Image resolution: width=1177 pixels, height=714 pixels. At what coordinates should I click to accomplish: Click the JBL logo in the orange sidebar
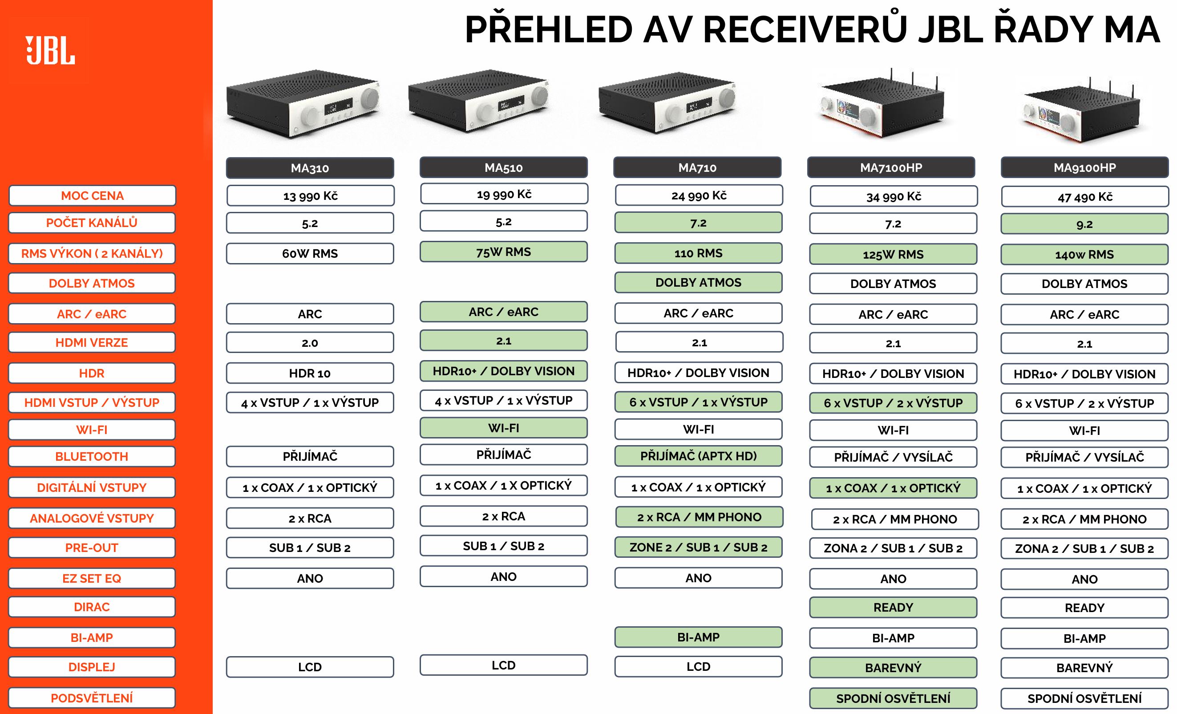(50, 50)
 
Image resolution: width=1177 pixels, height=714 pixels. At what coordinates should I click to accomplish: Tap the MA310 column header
(310, 168)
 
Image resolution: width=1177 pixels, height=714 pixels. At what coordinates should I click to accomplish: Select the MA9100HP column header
(1084, 167)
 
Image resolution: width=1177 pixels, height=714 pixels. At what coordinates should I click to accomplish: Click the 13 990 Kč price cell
(310, 195)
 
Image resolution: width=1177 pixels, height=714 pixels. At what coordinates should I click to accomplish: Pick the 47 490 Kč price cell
(1085, 196)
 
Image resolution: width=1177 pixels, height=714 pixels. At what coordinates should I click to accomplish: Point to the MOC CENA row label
(92, 195)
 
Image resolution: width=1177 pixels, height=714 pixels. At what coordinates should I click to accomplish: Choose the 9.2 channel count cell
(1084, 224)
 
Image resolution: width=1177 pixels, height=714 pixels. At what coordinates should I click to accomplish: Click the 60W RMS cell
(310, 253)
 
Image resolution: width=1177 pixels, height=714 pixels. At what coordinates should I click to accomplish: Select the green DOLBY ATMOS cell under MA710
(698, 283)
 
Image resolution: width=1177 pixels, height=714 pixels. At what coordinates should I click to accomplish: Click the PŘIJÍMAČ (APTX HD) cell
(698, 456)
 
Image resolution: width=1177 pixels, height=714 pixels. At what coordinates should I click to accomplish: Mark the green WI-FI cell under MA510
(503, 428)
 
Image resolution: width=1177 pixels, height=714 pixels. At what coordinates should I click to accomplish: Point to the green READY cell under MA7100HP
(893, 608)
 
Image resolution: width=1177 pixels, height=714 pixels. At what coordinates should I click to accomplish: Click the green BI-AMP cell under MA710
(698, 637)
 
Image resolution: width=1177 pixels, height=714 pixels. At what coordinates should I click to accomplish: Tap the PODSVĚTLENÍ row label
(92, 698)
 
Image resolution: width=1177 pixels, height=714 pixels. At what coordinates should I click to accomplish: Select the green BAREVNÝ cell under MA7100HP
(893, 668)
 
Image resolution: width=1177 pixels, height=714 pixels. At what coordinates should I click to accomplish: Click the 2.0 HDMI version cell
(310, 343)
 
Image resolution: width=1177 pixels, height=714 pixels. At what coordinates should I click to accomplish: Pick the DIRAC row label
(92, 607)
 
